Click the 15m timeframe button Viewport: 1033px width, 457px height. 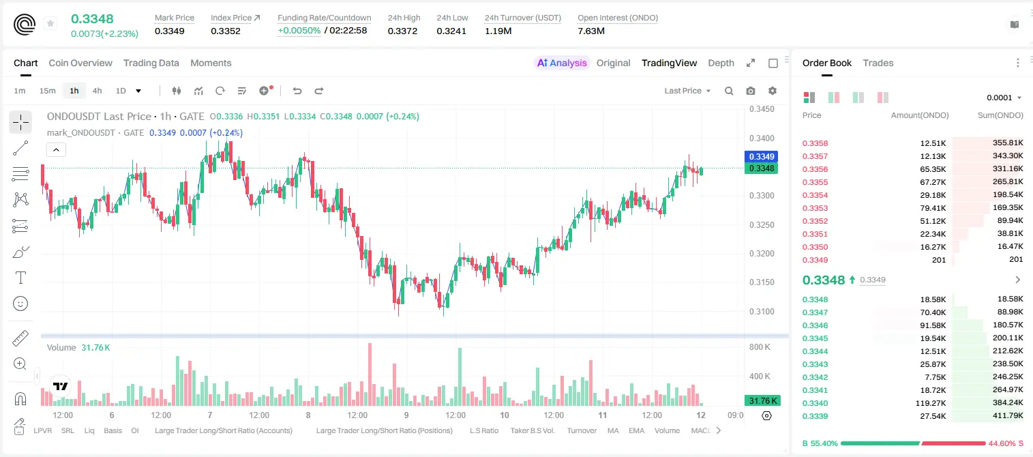48,91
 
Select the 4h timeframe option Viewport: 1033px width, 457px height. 97,91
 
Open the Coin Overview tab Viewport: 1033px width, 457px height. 80,63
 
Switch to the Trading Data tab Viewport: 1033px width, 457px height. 151,63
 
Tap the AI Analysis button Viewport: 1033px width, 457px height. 562,63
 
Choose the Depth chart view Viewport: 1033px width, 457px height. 721,63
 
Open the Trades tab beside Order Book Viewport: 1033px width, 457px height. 878,63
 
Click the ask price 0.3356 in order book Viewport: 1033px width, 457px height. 815,169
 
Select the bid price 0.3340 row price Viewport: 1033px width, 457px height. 815,403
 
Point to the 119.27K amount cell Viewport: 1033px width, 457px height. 931,403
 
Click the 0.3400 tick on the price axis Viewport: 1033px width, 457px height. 762,138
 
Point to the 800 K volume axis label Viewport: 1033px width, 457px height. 760,347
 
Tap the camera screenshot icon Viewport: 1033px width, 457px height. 751,91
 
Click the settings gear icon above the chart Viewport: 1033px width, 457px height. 773,91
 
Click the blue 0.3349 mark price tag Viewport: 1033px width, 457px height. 762,157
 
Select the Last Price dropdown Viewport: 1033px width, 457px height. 687,91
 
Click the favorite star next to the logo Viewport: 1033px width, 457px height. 50,23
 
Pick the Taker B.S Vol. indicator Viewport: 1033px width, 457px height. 533,430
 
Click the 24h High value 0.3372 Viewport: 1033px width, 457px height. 402,31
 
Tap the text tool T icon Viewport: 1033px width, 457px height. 20,278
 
